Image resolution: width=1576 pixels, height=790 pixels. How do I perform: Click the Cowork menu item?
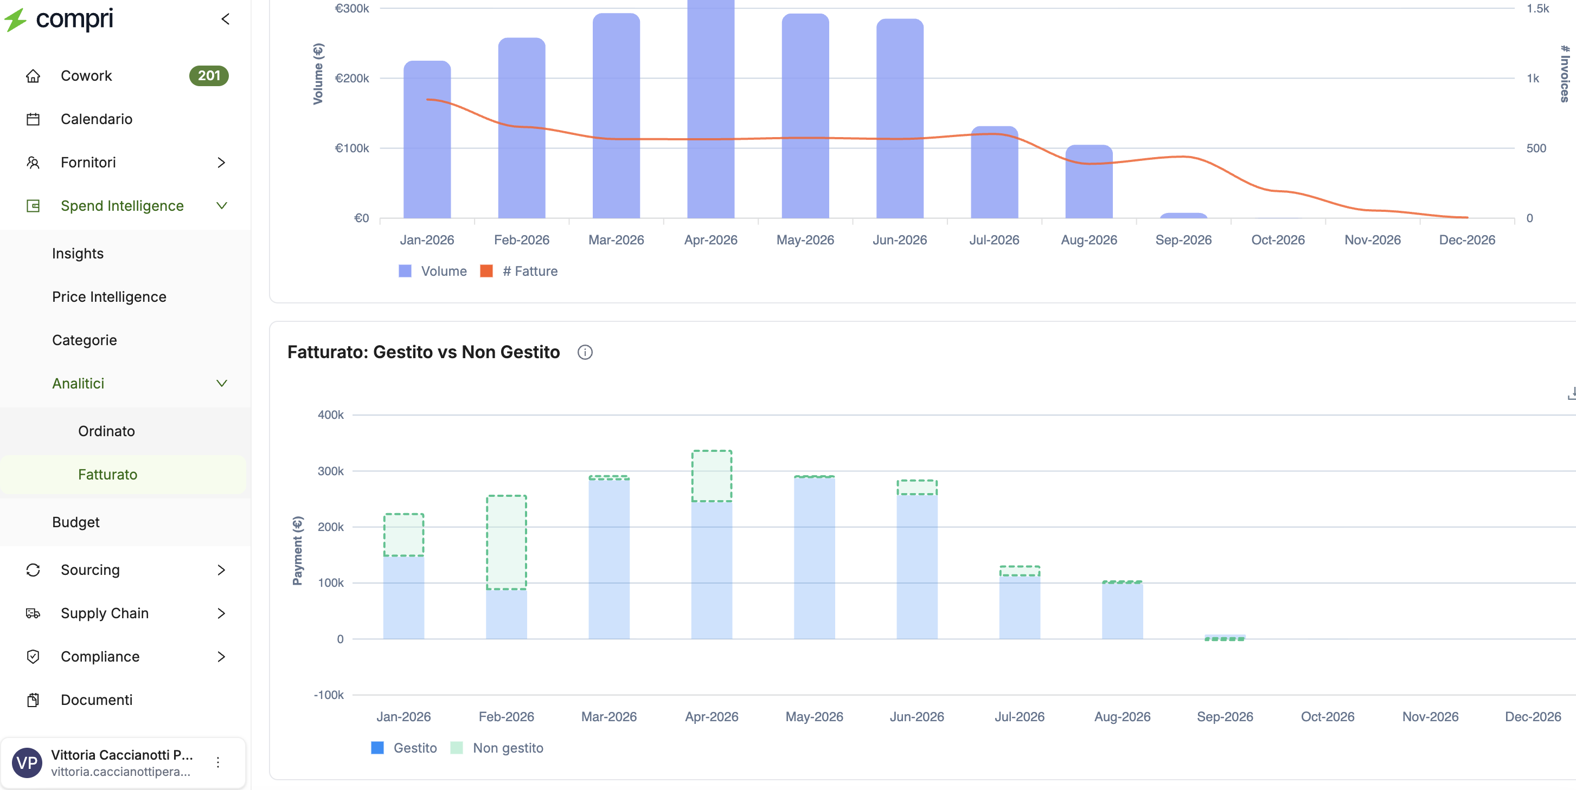(x=86, y=76)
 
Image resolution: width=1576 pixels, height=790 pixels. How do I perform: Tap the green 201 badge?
(x=209, y=76)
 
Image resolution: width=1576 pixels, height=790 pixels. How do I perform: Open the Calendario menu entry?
(x=96, y=119)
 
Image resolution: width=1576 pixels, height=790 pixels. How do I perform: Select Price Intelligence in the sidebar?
(x=109, y=296)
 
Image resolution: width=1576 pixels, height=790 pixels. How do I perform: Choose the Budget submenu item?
(x=76, y=522)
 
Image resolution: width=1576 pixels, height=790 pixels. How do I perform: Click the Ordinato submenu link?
(x=106, y=431)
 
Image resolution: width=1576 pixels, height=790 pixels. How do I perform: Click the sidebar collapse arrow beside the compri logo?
(x=225, y=19)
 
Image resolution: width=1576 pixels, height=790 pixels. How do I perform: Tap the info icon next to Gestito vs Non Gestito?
(x=585, y=352)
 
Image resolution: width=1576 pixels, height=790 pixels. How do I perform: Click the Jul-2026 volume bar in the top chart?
(x=994, y=172)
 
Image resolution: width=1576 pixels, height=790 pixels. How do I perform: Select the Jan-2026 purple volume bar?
(x=427, y=139)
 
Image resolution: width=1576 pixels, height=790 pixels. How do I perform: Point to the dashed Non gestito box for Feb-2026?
(x=507, y=542)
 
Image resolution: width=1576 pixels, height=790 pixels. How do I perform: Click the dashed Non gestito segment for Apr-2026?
(x=712, y=476)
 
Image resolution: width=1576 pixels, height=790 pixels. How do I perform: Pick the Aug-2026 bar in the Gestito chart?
(x=1122, y=610)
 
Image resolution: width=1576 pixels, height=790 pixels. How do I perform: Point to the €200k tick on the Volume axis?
(x=352, y=78)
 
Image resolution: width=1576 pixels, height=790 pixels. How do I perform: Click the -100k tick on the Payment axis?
(x=329, y=695)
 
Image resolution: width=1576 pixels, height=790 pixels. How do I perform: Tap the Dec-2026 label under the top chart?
(x=1466, y=239)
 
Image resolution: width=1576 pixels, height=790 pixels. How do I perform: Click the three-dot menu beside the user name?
(x=218, y=762)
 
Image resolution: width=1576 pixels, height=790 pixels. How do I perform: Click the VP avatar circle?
(x=27, y=762)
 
